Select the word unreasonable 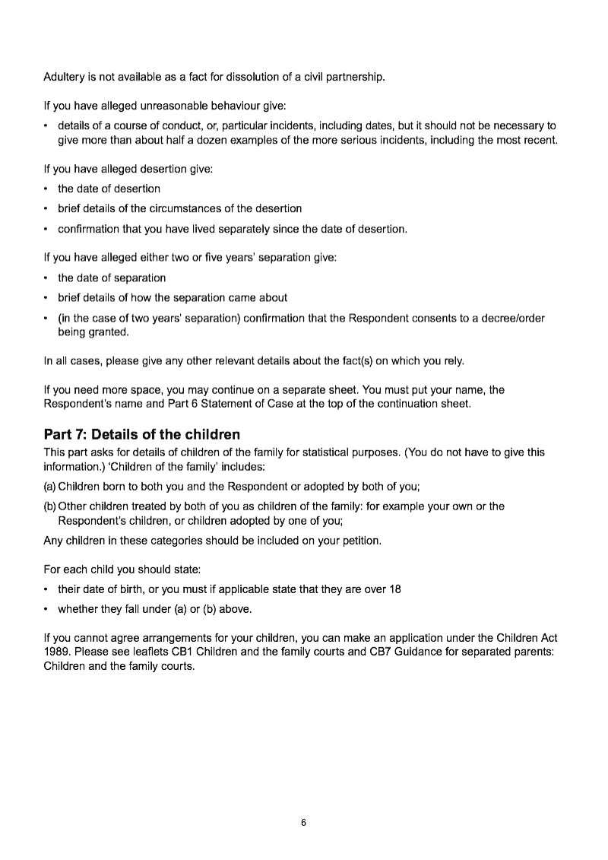[150, 106]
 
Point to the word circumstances [212, 208]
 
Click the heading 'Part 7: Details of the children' [142, 435]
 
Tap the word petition [360, 541]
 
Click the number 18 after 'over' [394, 591]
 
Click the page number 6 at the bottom [303, 823]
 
